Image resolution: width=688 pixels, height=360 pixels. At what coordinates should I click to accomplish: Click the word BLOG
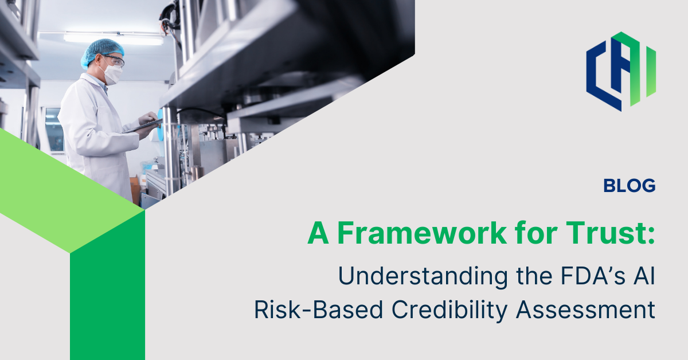click(x=629, y=186)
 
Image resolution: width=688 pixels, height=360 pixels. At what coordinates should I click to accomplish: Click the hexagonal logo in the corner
click(x=620, y=71)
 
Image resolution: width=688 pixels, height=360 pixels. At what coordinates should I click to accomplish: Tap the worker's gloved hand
click(x=148, y=119)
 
